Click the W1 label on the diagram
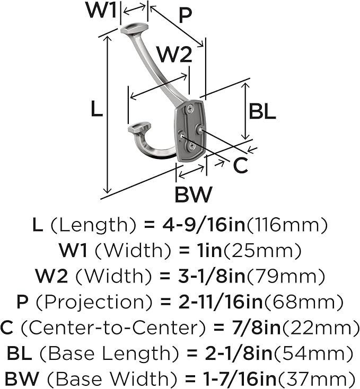[101, 11]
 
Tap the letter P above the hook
[185, 15]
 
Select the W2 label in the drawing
[175, 55]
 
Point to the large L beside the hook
[96, 109]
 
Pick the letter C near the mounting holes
[240, 165]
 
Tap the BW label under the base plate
[194, 194]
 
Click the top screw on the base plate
[190, 109]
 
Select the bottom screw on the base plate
[191, 146]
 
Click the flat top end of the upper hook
[134, 28]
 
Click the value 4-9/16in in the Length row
[204, 225]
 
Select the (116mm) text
[287, 225]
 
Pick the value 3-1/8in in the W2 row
[212, 276]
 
